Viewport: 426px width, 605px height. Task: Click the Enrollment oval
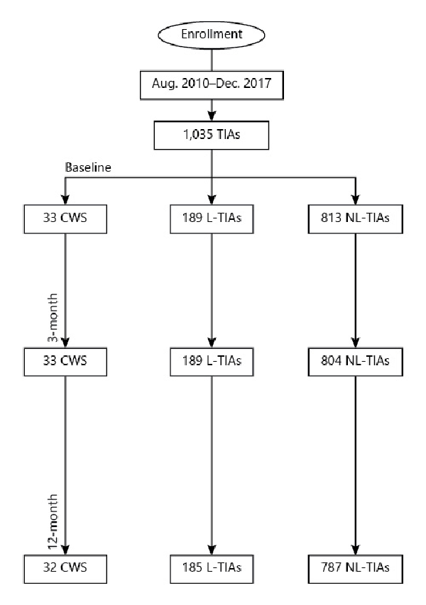click(x=212, y=34)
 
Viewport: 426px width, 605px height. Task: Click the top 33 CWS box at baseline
click(x=65, y=218)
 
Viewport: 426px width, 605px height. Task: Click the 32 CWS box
click(x=65, y=567)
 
